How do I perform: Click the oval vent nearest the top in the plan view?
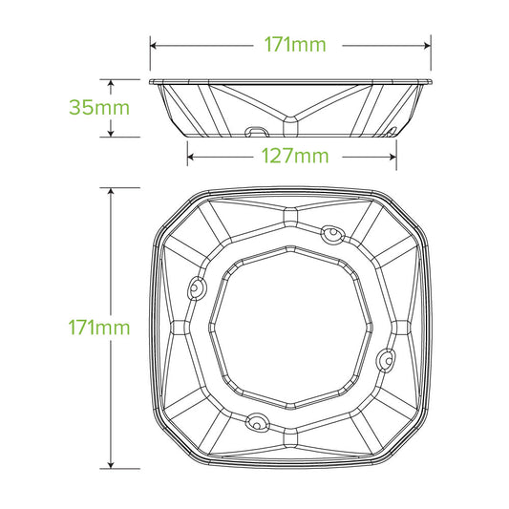[x=331, y=232]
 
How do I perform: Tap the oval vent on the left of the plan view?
[x=197, y=286]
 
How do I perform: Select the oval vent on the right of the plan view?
[x=388, y=358]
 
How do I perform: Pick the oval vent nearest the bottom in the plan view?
[x=256, y=420]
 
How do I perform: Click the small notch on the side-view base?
[x=257, y=129]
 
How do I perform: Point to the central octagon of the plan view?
[x=291, y=327]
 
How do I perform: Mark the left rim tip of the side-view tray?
[x=152, y=80]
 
